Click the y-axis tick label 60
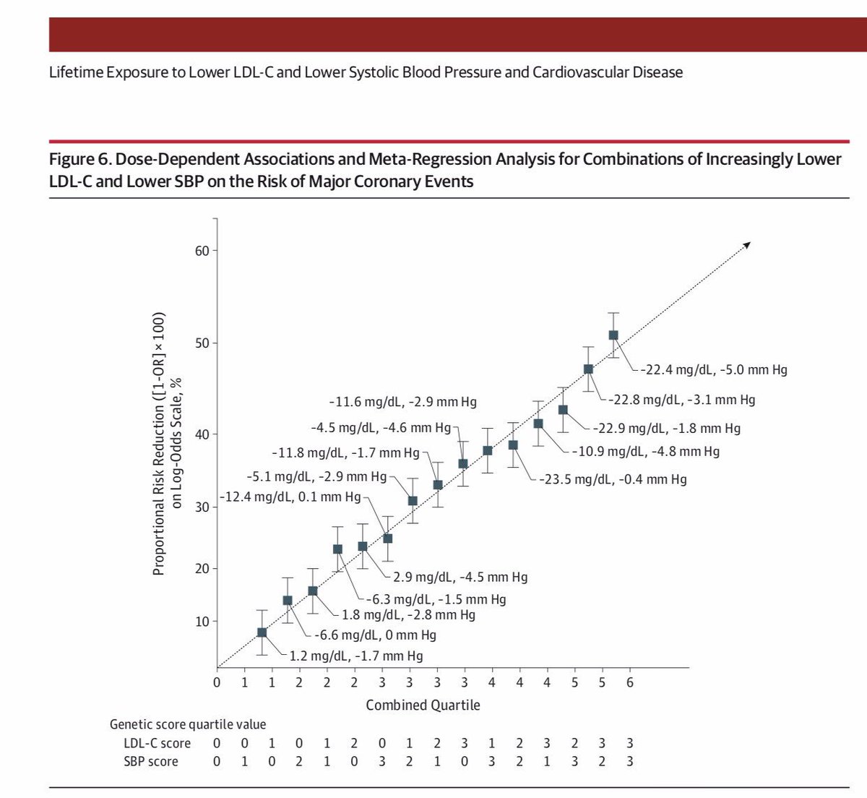(x=202, y=251)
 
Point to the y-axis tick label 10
(x=202, y=622)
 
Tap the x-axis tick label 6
(x=629, y=682)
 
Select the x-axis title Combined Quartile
(x=423, y=705)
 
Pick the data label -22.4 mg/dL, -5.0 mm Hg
(x=714, y=369)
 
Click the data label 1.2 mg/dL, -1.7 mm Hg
(x=356, y=656)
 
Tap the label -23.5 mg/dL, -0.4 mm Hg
(x=613, y=479)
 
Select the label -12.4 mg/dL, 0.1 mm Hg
(x=289, y=497)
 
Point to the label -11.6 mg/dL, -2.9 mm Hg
(x=402, y=402)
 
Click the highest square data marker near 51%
(x=613, y=335)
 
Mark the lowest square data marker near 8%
(x=262, y=632)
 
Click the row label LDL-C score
(x=157, y=743)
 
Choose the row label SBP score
(x=150, y=761)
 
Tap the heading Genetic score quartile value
(x=188, y=724)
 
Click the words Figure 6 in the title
(x=79, y=159)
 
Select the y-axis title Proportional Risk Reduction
(x=159, y=444)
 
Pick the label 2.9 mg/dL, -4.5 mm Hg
(x=460, y=577)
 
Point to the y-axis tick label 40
(x=202, y=434)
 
